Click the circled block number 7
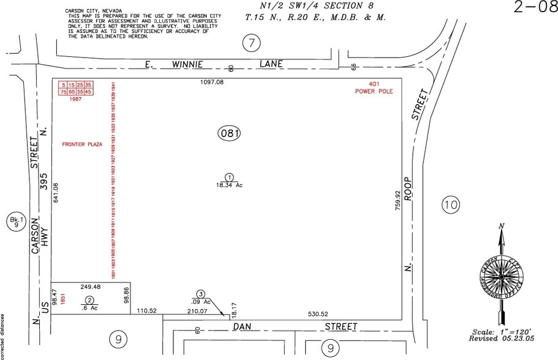[x=252, y=43]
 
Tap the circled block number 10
[x=450, y=205]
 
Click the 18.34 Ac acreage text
[x=228, y=184]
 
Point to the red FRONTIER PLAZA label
[x=82, y=144]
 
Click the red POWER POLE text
[x=374, y=91]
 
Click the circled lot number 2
[x=89, y=300]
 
